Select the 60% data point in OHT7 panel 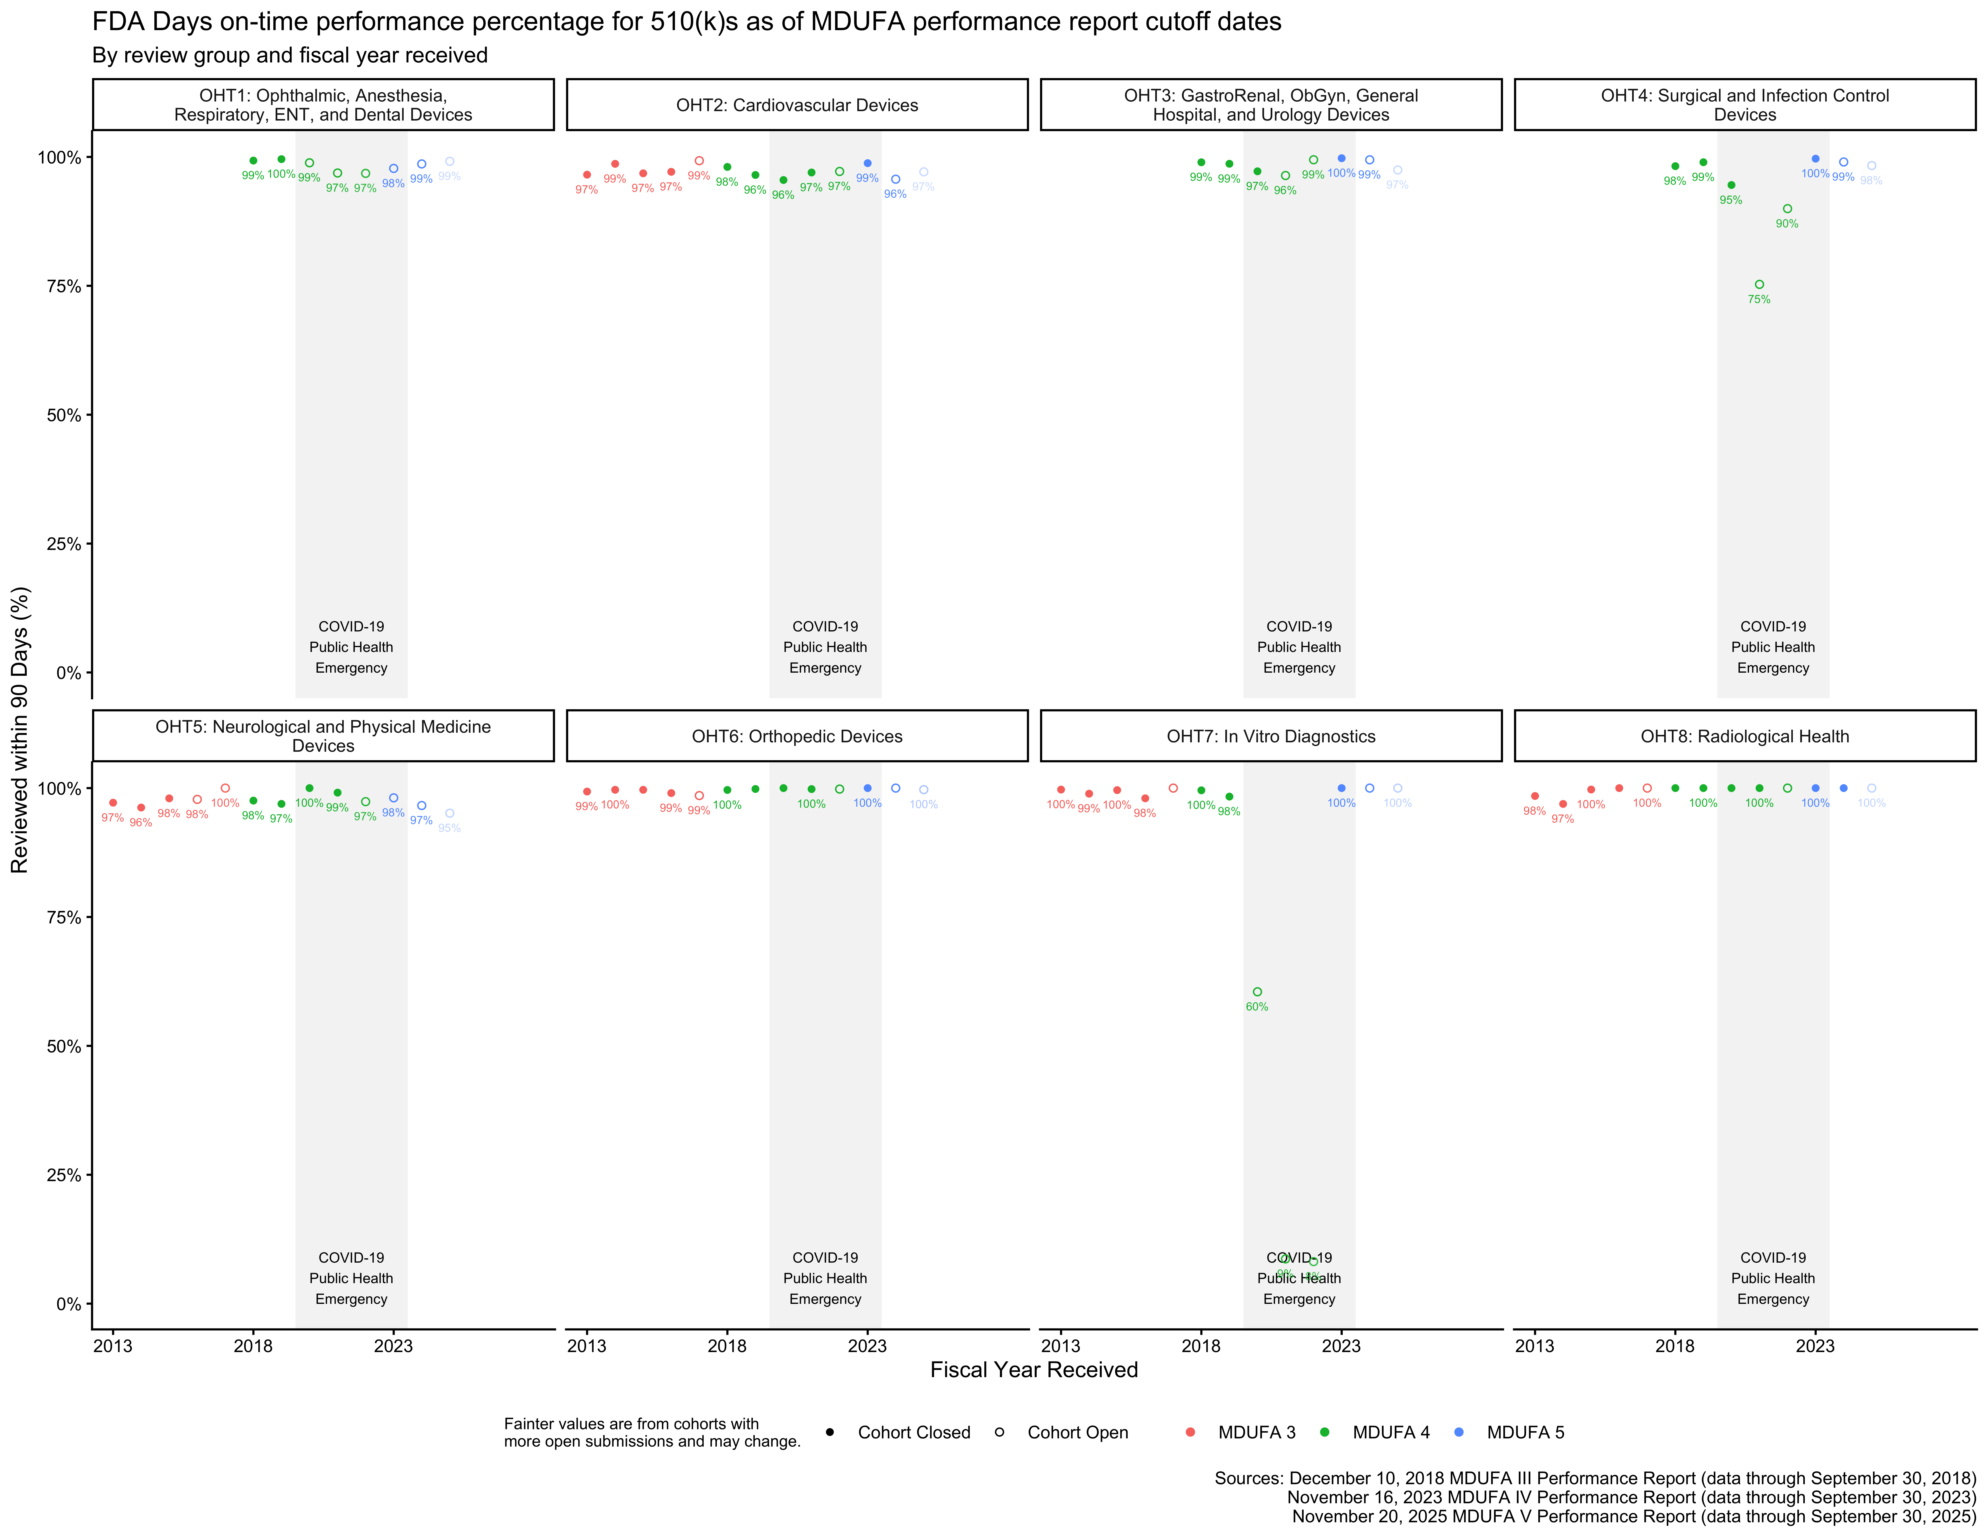coord(1257,992)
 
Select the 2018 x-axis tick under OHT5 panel coord(253,1346)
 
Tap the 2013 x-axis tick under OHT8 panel coord(1535,1346)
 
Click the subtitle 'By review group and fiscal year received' coord(289,55)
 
